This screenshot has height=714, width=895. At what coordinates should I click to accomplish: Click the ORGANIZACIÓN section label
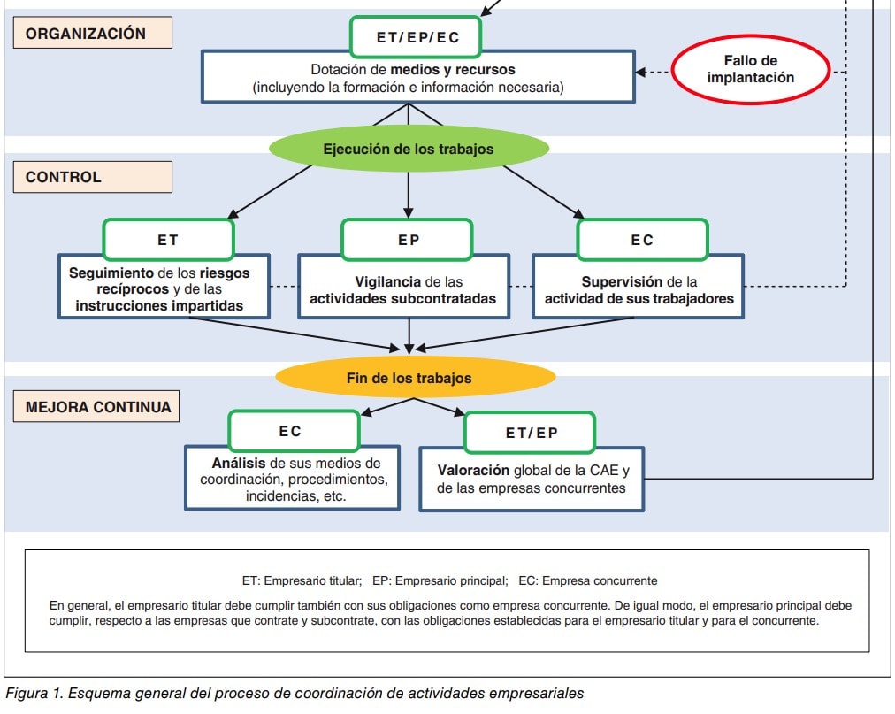pyautogui.click(x=92, y=34)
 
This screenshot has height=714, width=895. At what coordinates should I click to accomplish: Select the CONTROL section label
pyautogui.click(x=92, y=177)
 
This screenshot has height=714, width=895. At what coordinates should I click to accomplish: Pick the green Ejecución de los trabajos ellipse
pyautogui.click(x=408, y=149)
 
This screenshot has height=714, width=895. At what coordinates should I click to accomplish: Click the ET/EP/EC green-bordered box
pyautogui.click(x=417, y=37)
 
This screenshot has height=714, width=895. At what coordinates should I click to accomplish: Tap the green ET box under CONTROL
pyautogui.click(x=168, y=240)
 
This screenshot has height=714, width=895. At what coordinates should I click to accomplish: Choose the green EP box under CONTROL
pyautogui.click(x=408, y=240)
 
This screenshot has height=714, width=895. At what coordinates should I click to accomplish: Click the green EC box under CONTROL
pyautogui.click(x=642, y=240)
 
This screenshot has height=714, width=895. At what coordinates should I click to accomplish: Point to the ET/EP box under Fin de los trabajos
pyautogui.click(x=531, y=433)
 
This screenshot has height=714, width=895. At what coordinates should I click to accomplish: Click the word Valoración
pyautogui.click(x=473, y=471)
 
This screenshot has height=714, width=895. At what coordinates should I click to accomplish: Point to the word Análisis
pyautogui.click(x=239, y=463)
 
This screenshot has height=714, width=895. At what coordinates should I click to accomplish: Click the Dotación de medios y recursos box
pyautogui.click(x=417, y=78)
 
